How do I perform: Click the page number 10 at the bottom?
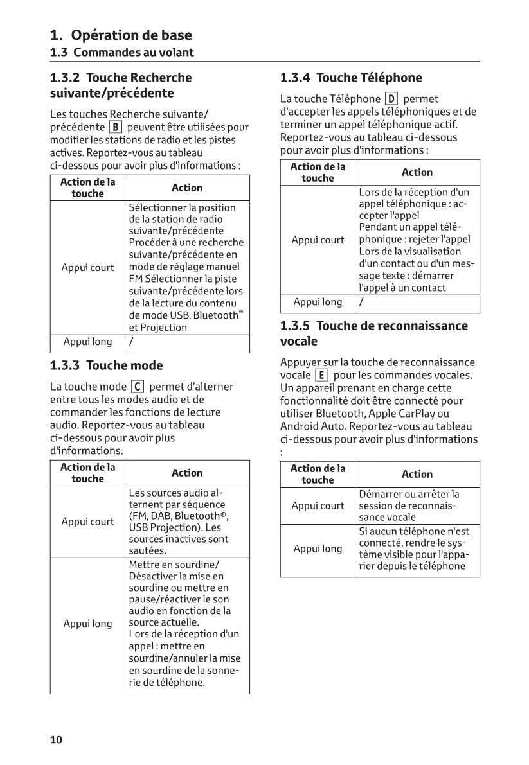click(57, 740)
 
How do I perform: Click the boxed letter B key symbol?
click(115, 127)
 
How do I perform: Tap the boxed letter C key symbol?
click(137, 387)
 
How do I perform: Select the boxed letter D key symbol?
click(391, 99)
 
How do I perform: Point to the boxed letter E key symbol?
click(321, 375)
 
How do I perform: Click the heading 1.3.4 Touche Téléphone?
click(351, 78)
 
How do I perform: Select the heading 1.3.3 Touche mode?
click(107, 365)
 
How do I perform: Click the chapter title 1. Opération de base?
click(121, 35)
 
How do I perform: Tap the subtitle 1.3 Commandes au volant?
click(122, 53)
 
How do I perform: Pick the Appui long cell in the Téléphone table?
click(318, 302)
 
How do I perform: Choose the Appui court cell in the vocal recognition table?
click(318, 506)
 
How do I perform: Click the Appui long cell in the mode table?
click(87, 624)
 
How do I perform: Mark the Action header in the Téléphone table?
click(417, 172)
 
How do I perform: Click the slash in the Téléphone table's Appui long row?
click(361, 302)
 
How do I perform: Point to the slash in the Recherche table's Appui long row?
click(131, 342)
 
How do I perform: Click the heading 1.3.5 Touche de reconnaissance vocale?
click(373, 333)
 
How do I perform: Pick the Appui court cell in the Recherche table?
click(87, 268)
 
